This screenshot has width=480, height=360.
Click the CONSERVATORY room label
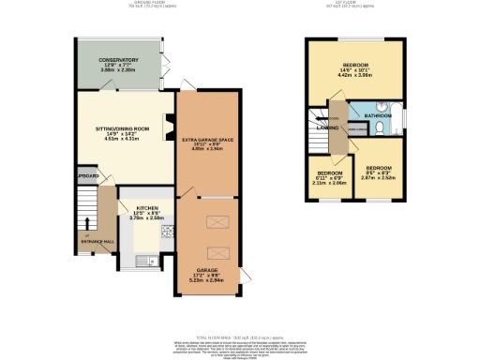(119, 59)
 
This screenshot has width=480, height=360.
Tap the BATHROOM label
(378, 117)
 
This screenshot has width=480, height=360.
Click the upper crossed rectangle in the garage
(215, 221)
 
